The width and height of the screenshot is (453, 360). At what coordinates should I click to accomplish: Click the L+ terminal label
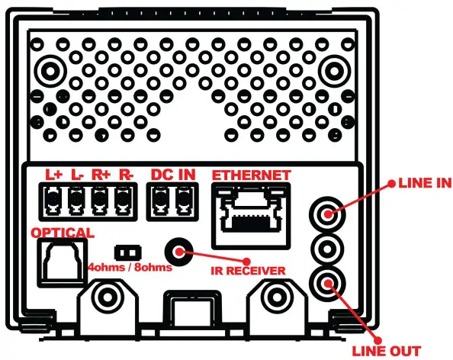(x=53, y=174)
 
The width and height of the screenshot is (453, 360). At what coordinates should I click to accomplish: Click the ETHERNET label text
(x=251, y=175)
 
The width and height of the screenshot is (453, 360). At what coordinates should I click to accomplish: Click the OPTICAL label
(x=63, y=232)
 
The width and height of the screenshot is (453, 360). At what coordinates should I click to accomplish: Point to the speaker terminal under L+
(x=53, y=201)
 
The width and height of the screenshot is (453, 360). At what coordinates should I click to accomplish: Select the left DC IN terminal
(x=159, y=201)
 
